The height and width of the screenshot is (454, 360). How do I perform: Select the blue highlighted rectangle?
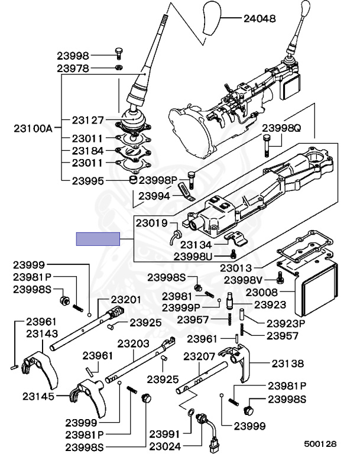[98, 239]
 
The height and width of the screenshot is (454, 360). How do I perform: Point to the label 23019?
[152, 223]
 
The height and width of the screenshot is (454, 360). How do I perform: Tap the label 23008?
[261, 291]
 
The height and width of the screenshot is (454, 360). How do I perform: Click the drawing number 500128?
[320, 443]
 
